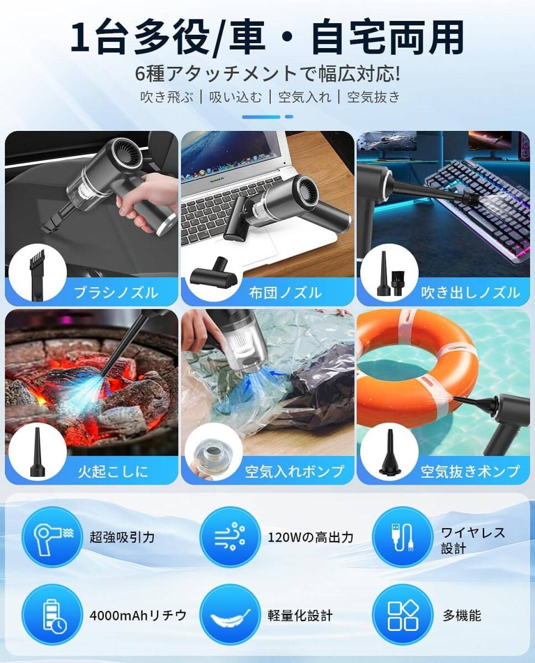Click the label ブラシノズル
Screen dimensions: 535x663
116,292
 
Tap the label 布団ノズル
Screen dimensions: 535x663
285,292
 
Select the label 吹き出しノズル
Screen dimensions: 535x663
470,292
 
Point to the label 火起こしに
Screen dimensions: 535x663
113,471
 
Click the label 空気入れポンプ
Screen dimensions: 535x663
295,471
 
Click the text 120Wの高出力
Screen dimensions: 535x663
310,537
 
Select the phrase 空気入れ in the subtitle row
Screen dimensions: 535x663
304,97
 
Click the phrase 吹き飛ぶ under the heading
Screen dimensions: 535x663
167,97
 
